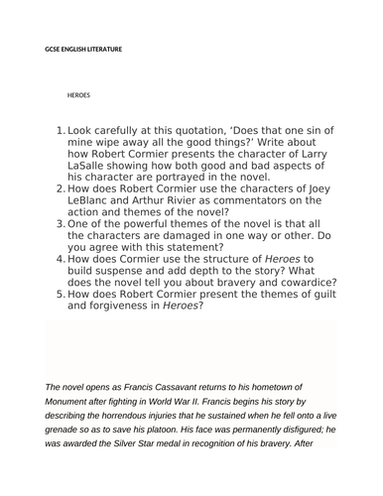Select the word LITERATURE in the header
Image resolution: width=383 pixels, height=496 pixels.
[103, 48]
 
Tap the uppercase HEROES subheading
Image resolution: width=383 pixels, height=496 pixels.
[78, 96]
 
